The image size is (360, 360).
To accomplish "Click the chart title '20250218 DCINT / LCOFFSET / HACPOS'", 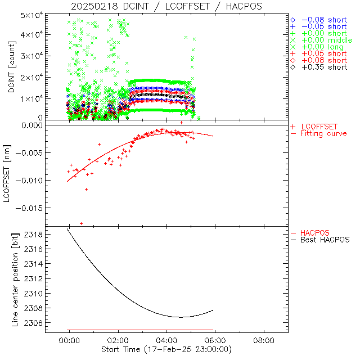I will click(166, 6).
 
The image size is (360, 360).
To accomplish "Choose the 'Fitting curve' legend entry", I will click(323, 133).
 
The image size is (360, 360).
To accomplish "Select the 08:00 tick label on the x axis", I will click(264, 341).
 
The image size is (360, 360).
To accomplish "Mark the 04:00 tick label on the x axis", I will click(166, 341).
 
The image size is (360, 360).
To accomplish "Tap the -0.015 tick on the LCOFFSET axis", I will click(31, 208).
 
